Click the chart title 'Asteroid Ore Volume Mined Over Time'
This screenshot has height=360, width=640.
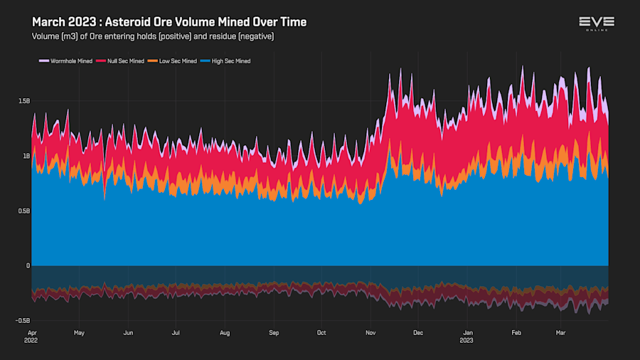click(x=169, y=22)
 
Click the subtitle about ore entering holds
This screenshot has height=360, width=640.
click(x=153, y=36)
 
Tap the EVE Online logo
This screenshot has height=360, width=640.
click(x=597, y=23)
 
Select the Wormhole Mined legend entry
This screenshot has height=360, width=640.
click(x=66, y=61)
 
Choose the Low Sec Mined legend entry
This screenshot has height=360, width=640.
click(x=173, y=61)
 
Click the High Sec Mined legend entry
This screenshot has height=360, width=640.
click(x=226, y=61)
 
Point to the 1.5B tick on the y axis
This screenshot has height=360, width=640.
click(x=24, y=101)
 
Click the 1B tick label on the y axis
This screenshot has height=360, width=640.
click(x=26, y=156)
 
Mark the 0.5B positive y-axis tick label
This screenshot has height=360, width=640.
click(x=24, y=211)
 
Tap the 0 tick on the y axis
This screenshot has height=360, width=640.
click(x=28, y=265)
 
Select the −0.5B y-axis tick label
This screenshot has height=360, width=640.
click(x=23, y=321)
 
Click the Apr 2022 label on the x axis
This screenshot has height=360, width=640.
click(x=32, y=336)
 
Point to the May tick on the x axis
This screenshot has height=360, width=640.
click(x=79, y=332)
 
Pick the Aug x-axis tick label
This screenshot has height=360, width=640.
click(x=225, y=332)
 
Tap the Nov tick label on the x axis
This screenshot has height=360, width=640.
click(x=370, y=332)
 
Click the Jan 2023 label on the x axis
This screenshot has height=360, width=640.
click(x=467, y=336)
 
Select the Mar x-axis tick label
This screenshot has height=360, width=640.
click(x=562, y=332)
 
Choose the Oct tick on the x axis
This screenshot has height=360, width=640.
click(x=321, y=332)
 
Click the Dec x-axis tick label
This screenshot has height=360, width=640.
click(x=418, y=332)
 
